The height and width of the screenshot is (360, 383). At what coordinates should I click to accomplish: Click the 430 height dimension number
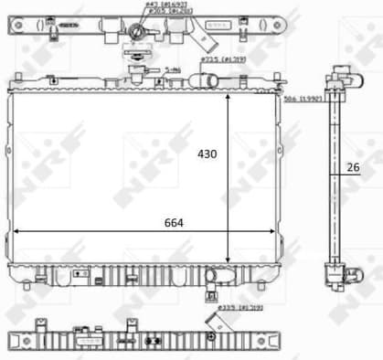point(207,154)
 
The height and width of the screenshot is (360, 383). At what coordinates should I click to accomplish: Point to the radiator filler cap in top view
point(137,34)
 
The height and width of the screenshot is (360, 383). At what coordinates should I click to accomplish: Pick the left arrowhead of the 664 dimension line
point(16,233)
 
